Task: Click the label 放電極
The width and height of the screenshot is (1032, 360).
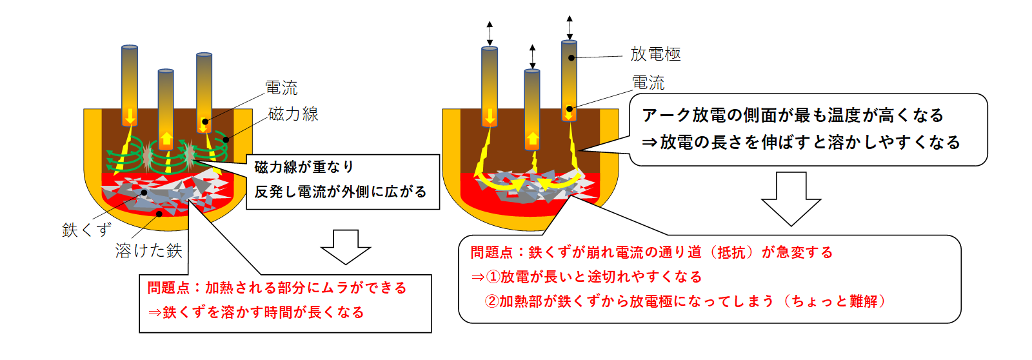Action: (655, 54)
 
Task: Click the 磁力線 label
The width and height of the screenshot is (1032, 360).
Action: (293, 114)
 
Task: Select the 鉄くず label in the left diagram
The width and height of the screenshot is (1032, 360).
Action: (86, 230)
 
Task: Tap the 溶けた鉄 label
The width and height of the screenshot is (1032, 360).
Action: (149, 251)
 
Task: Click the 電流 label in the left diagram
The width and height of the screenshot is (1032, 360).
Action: (281, 88)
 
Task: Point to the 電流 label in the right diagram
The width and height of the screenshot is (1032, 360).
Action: (648, 83)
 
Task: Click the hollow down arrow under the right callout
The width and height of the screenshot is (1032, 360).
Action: (791, 199)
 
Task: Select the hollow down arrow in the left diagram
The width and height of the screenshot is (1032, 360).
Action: (346, 247)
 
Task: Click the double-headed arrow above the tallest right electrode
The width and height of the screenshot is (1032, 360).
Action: (570, 28)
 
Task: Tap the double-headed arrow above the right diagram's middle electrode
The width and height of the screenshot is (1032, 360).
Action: (533, 57)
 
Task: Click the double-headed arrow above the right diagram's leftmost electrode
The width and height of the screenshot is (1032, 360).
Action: (490, 33)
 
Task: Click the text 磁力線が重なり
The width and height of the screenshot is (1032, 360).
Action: (304, 167)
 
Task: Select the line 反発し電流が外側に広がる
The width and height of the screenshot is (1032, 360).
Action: (341, 192)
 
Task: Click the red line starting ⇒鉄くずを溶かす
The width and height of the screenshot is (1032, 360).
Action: (256, 312)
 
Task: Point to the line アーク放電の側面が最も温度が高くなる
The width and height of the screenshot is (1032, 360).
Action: (793, 115)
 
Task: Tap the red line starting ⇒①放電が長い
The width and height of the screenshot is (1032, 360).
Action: (586, 277)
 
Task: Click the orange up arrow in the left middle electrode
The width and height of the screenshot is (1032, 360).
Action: (166, 139)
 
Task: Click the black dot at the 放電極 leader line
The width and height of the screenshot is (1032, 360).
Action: (571, 58)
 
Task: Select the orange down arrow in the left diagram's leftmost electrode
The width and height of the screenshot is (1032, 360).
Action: (130, 117)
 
